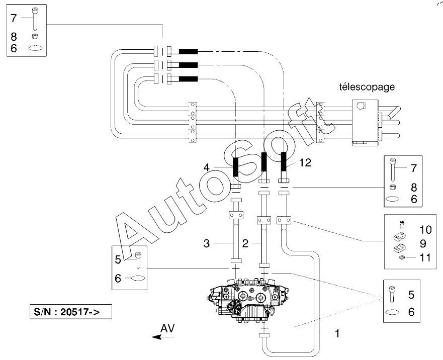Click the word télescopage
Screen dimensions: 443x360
[367, 87]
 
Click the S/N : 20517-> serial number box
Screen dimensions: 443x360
[70, 312]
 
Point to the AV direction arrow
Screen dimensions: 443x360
[163, 337]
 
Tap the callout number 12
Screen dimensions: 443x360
[305, 162]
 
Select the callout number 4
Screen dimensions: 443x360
[207, 167]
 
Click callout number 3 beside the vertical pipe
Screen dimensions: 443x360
[207, 243]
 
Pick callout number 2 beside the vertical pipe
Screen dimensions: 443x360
[245, 243]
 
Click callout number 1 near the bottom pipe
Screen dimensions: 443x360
[337, 333]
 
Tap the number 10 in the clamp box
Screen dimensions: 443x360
[425, 229]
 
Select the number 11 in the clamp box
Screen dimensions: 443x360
[425, 258]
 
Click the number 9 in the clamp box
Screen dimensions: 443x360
[423, 243]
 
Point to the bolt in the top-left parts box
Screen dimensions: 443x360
[35, 19]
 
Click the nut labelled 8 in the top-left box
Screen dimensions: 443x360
[35, 36]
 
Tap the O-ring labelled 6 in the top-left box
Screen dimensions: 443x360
[36, 49]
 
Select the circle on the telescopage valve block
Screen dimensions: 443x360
[361, 106]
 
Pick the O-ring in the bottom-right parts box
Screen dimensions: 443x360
[392, 313]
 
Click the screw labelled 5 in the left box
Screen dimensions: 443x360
[138, 259]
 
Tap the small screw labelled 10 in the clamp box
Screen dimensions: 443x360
[401, 225]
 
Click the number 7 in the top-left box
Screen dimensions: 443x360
[14, 18]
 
